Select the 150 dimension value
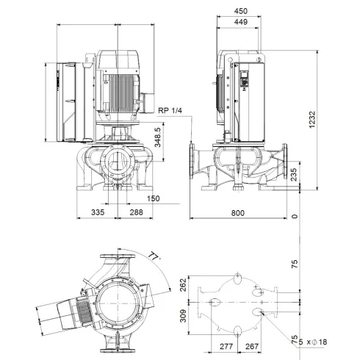[153, 198]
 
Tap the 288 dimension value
[137, 212]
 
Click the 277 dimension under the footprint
[226, 347]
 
